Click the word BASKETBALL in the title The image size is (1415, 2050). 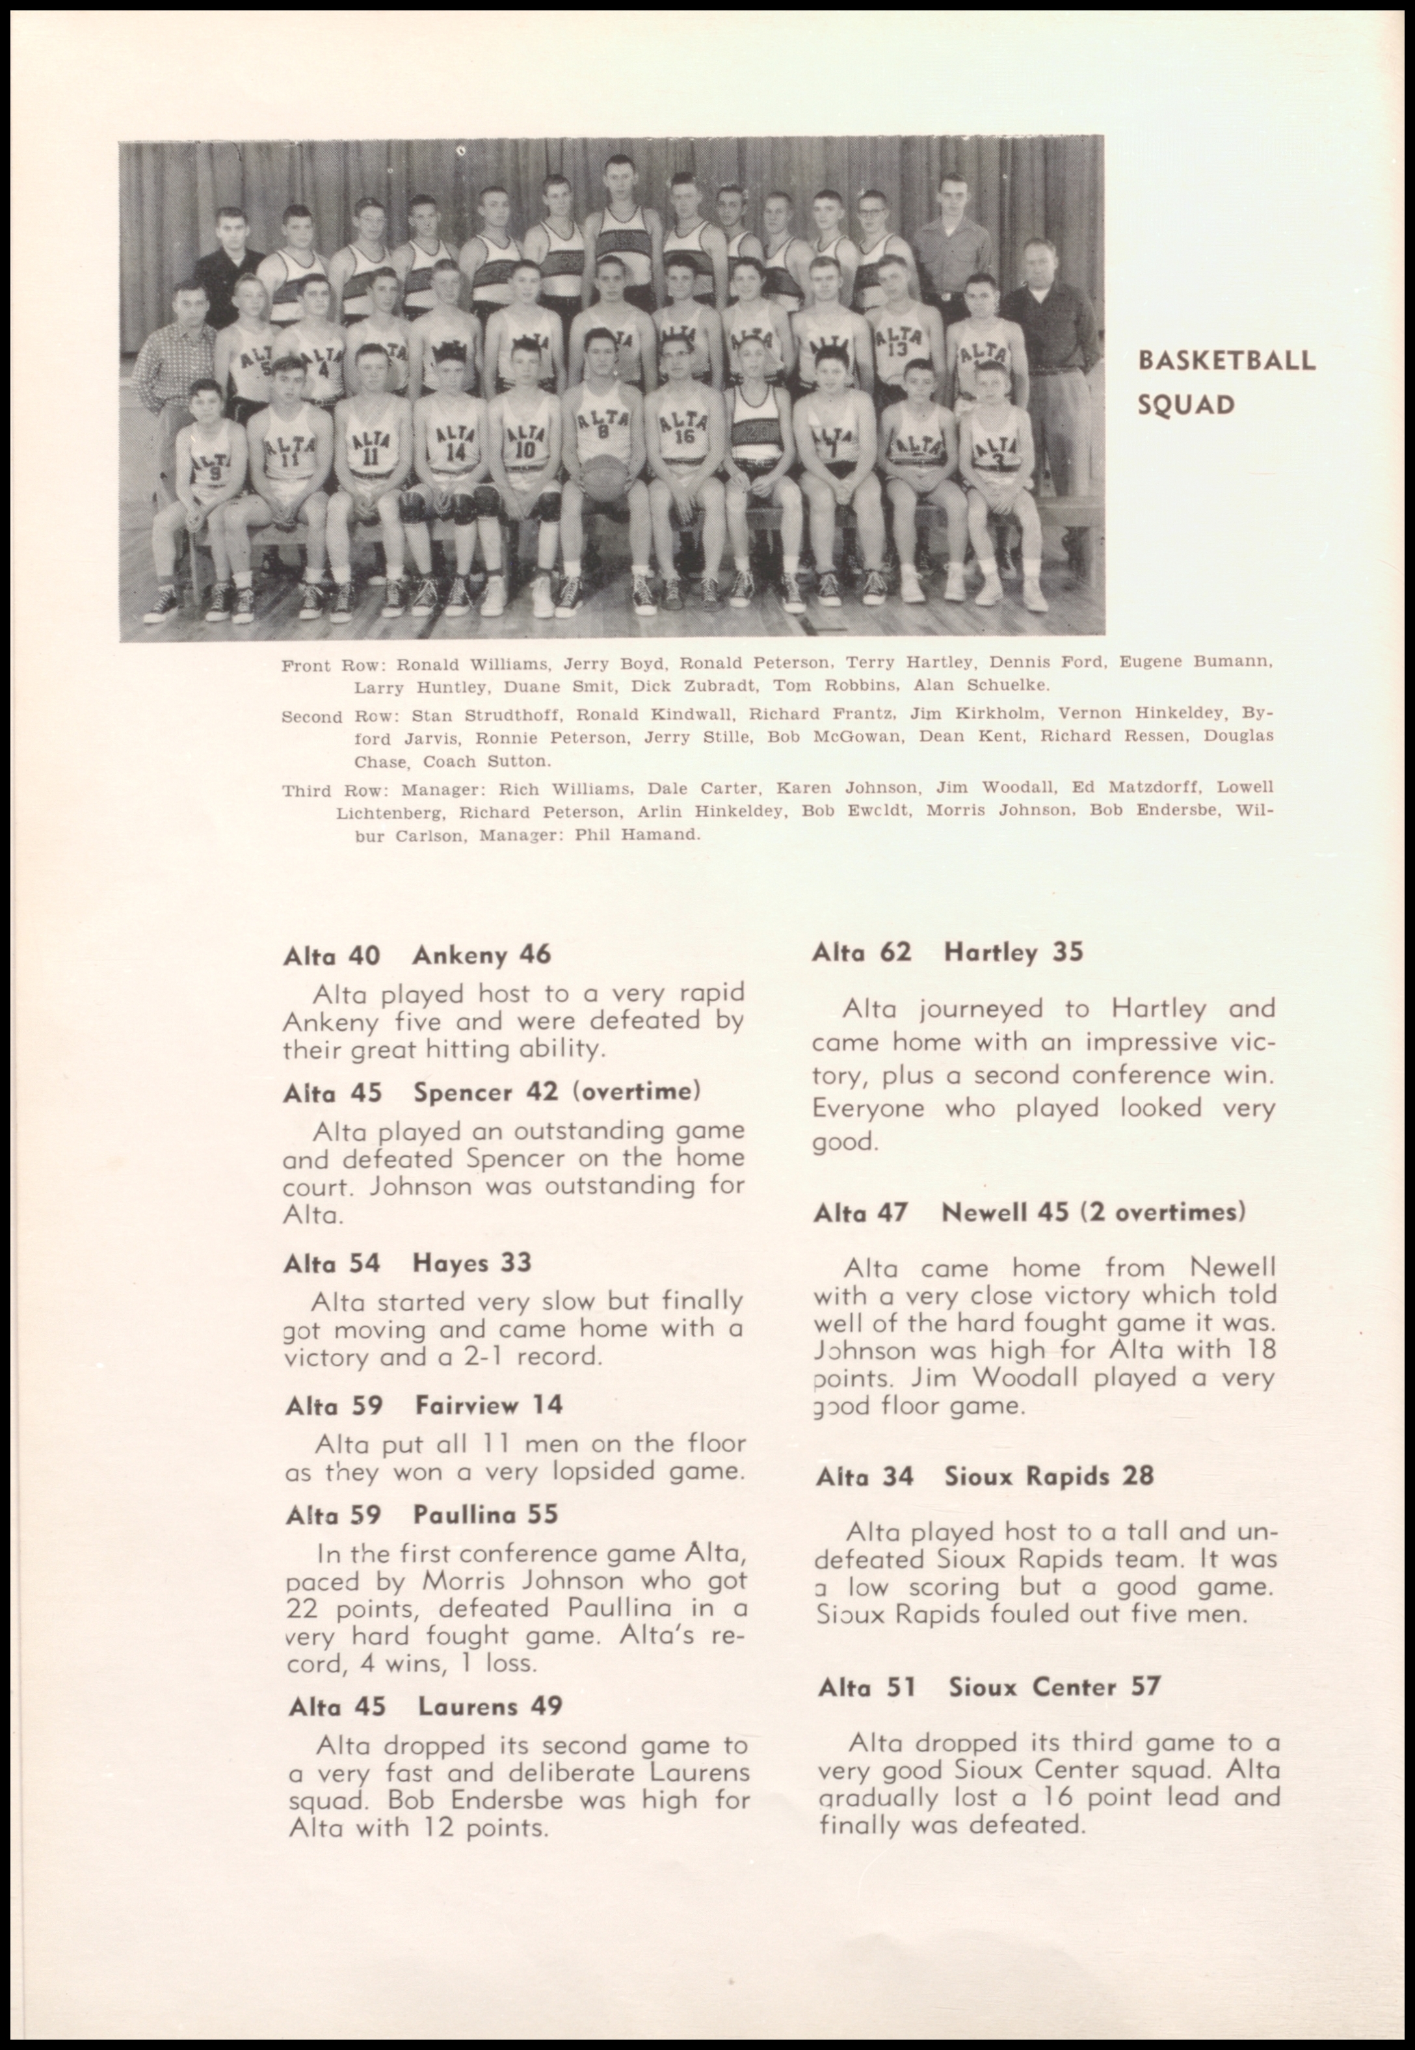tap(1226, 361)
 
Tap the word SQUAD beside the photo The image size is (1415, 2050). tap(1186, 405)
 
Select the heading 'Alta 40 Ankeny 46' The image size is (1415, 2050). tap(417, 955)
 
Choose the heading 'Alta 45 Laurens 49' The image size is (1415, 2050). tap(425, 1706)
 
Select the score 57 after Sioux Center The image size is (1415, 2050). tap(1144, 1686)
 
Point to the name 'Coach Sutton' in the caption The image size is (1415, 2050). tap(486, 762)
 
